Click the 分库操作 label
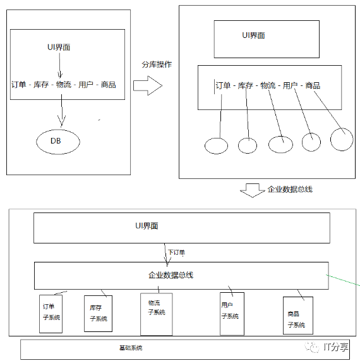(157, 65)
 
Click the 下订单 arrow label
(176, 252)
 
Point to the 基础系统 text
(131, 348)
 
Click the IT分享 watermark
(327, 347)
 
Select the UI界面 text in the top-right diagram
(253, 35)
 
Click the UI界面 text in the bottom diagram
(147, 226)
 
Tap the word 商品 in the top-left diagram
(109, 85)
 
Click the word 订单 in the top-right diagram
(223, 85)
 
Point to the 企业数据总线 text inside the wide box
(171, 275)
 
